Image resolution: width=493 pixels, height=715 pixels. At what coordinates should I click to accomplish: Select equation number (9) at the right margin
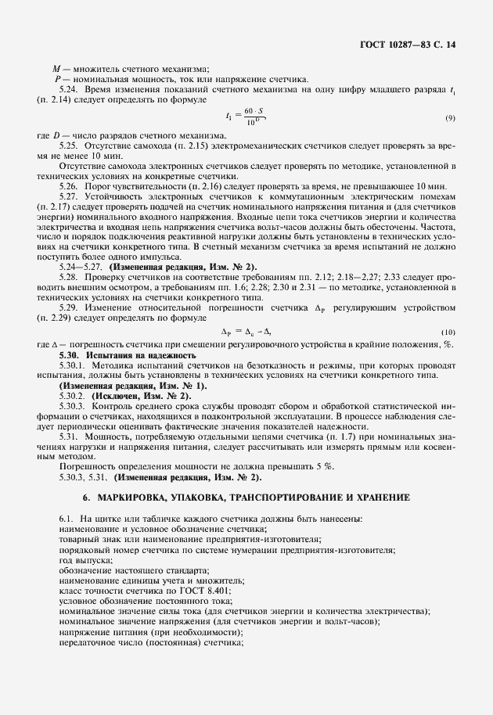pos(450,117)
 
